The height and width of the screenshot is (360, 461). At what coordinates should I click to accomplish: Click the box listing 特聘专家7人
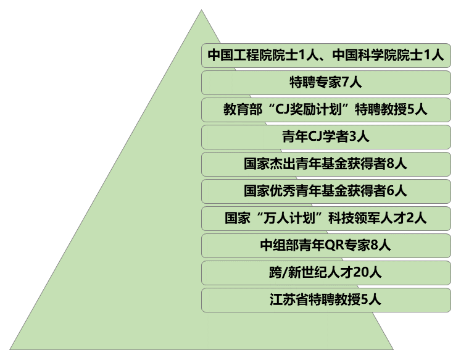(x=325, y=83)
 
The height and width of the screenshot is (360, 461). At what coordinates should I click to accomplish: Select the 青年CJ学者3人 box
(x=325, y=137)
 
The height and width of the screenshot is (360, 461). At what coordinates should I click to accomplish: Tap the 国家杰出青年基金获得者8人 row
(x=325, y=164)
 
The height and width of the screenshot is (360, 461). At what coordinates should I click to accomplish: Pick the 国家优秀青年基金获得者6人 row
(x=325, y=191)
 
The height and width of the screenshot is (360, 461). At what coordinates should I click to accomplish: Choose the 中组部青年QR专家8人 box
(x=325, y=245)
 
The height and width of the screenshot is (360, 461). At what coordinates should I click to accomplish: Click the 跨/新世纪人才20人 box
(x=325, y=272)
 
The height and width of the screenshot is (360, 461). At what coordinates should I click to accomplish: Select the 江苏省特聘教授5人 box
(x=325, y=299)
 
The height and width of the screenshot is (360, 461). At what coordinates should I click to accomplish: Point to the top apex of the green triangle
(x=201, y=10)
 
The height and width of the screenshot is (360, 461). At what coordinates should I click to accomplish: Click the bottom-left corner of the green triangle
(x=10, y=350)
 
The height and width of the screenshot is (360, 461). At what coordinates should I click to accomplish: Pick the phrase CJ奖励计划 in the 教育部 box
(x=305, y=110)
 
